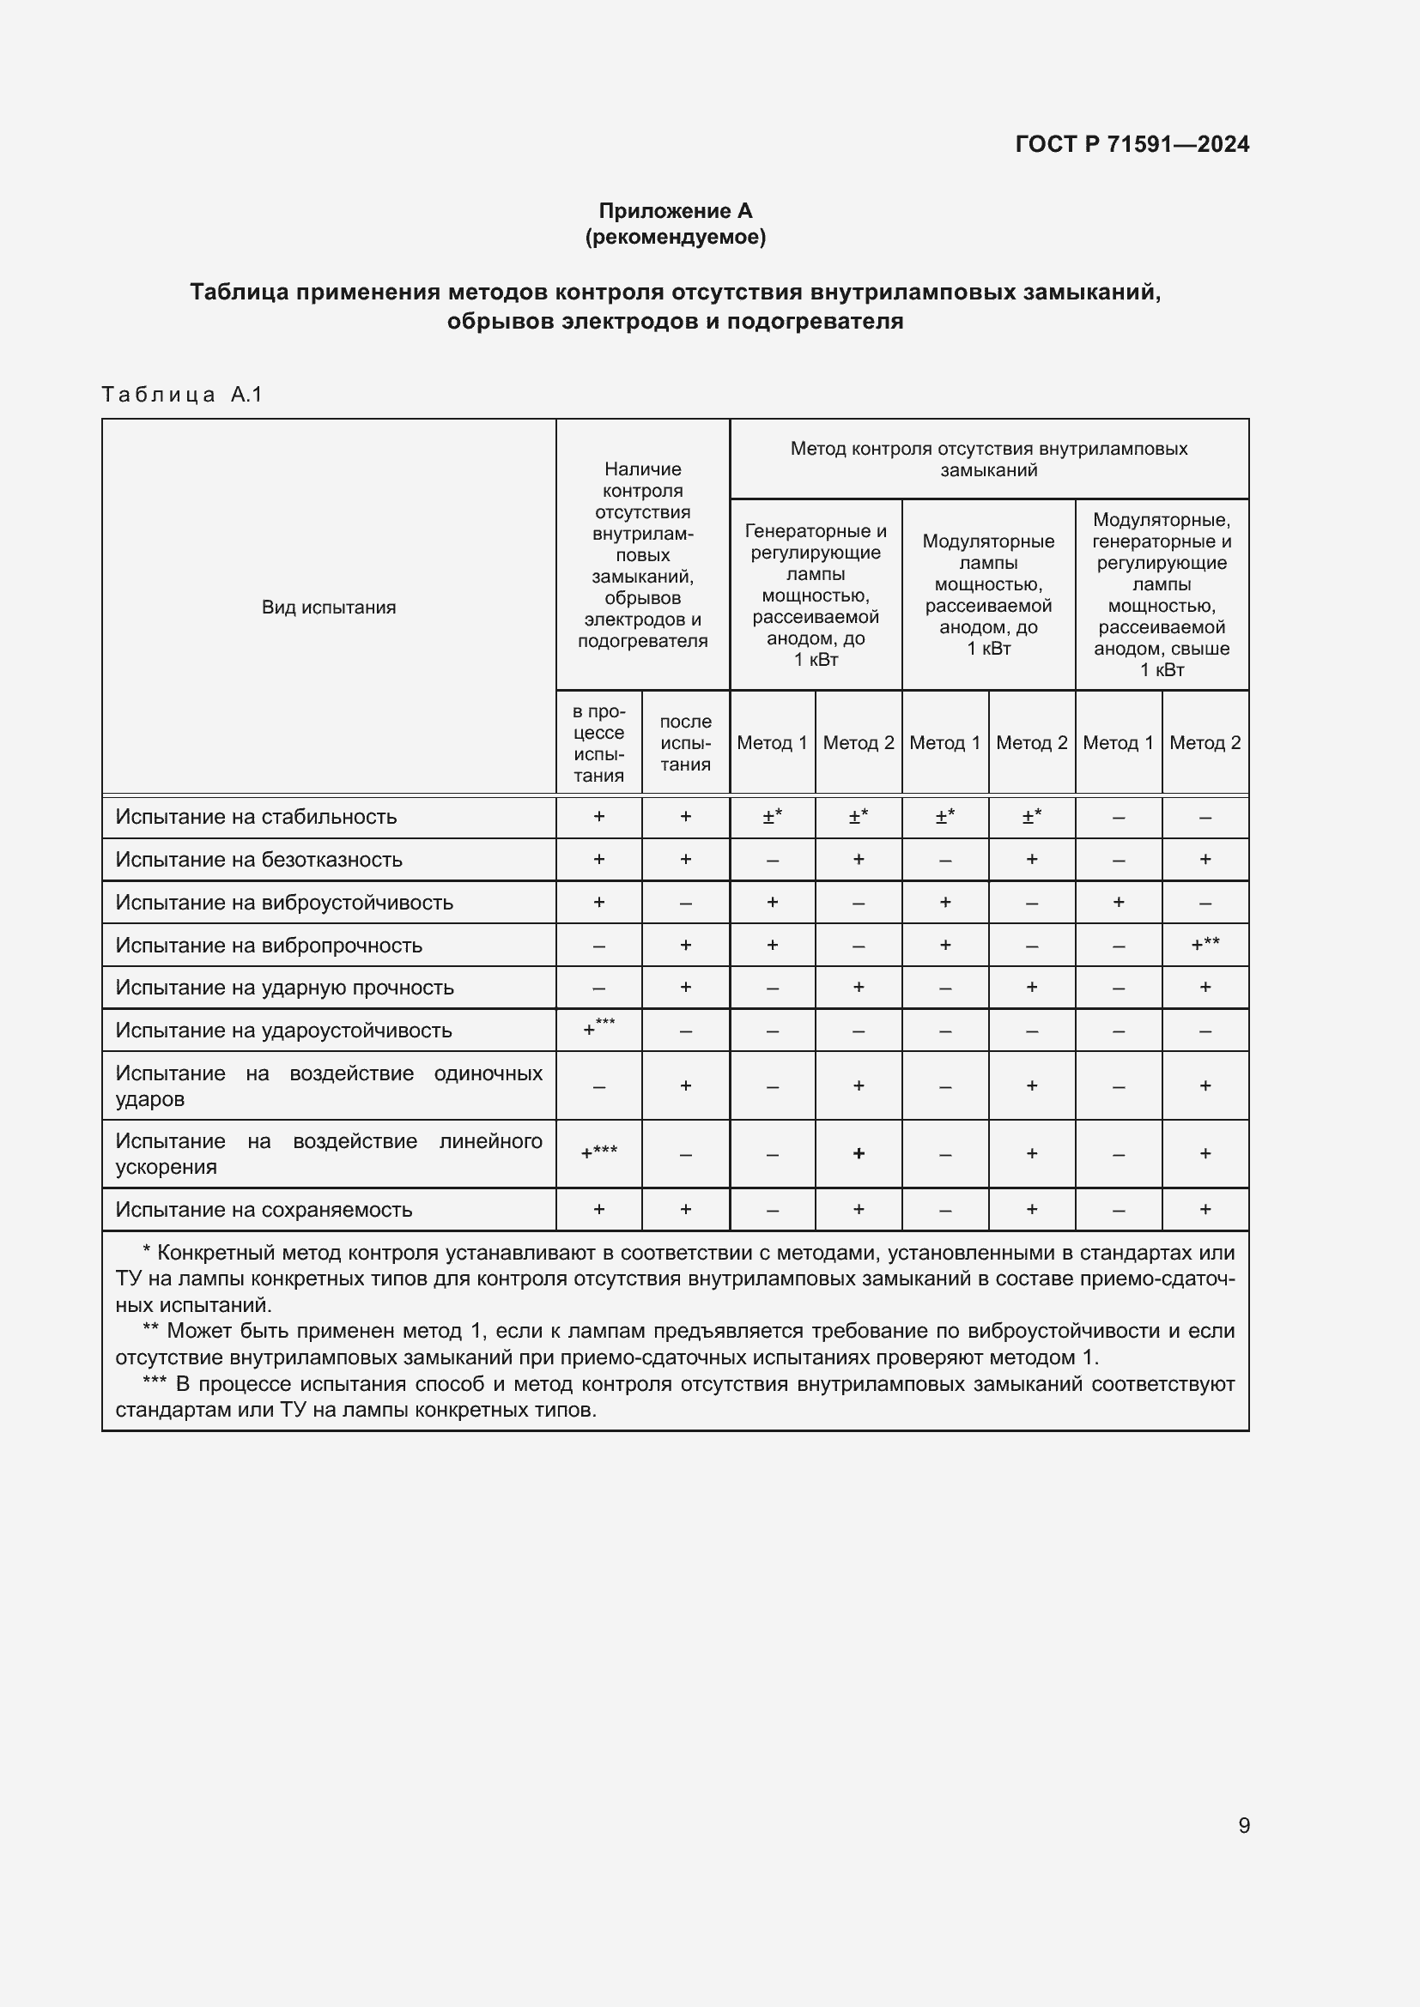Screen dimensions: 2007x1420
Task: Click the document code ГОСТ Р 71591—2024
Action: (x=1132, y=144)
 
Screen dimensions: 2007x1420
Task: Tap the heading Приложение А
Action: (x=675, y=211)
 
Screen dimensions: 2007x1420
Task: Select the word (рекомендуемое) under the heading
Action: (x=675, y=237)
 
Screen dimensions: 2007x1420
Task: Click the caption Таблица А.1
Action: (x=182, y=394)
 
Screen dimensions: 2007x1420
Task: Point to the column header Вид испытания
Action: (x=329, y=607)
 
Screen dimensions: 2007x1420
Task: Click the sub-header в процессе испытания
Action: (x=599, y=742)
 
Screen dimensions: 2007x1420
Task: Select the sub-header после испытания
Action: (x=685, y=742)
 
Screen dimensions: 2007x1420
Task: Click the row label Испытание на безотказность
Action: (x=258, y=859)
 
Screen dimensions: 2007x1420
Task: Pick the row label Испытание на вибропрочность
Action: (x=269, y=945)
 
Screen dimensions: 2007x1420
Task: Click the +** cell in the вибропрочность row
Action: (x=1205, y=944)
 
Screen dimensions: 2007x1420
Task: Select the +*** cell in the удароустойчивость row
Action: (x=599, y=1028)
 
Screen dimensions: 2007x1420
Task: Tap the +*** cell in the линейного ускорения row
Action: (x=599, y=1153)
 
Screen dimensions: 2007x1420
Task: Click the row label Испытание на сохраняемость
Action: (x=264, y=1210)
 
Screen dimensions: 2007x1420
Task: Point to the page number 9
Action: (x=1244, y=1825)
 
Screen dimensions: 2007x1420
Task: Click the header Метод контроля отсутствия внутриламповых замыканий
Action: (x=988, y=459)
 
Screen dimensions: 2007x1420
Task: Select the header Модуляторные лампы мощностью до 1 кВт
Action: (x=988, y=595)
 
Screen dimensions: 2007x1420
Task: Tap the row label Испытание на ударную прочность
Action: (x=285, y=988)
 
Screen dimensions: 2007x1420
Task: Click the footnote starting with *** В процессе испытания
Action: (x=675, y=1397)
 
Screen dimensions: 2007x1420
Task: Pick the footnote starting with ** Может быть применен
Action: (x=675, y=1344)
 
